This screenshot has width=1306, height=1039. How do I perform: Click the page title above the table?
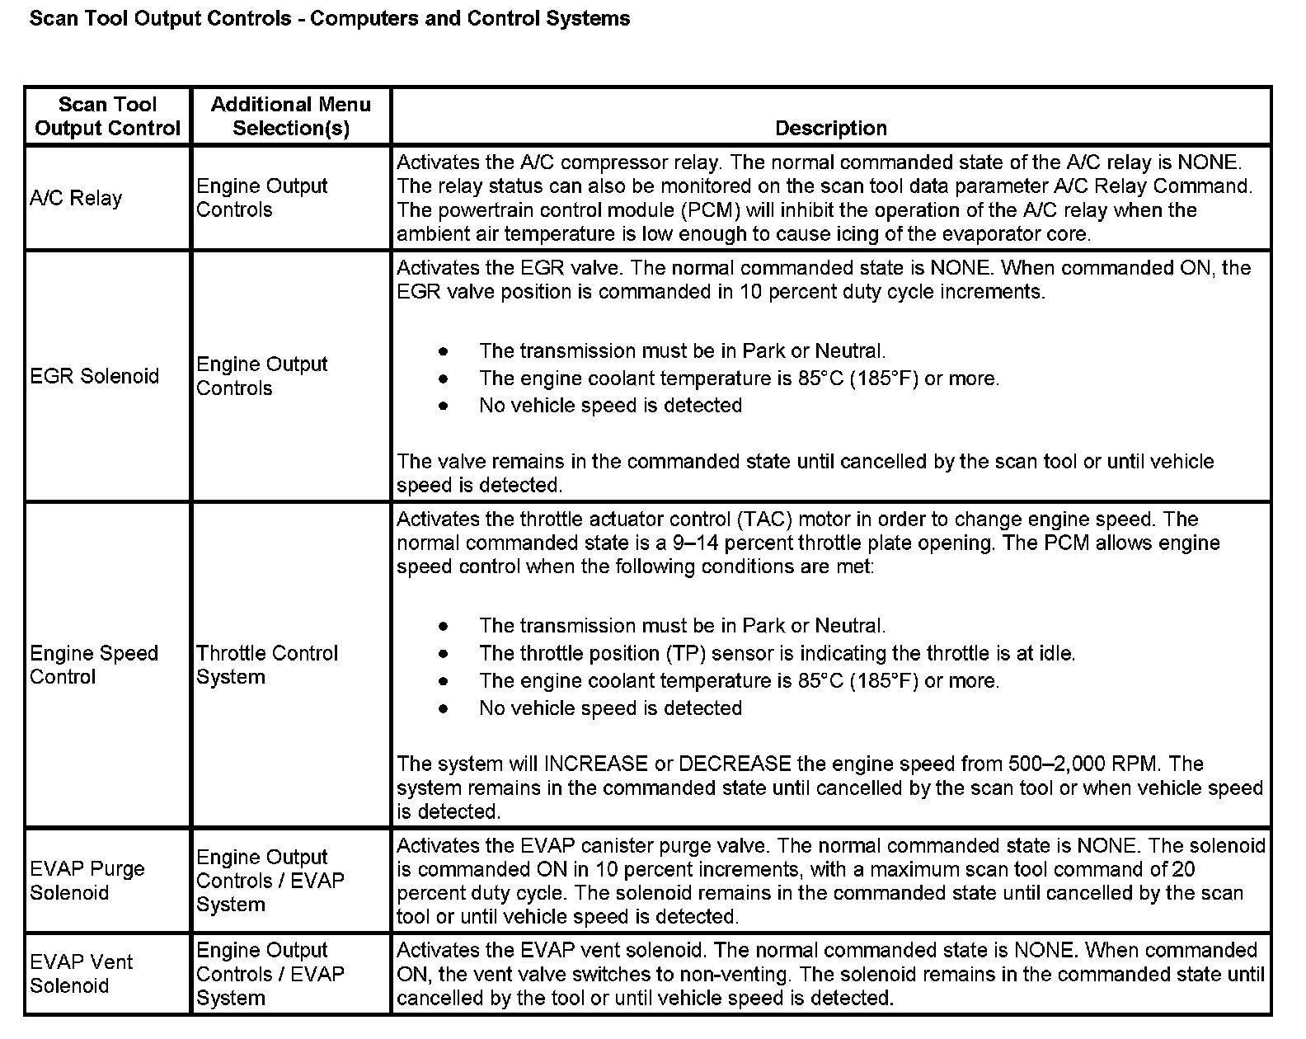tap(330, 18)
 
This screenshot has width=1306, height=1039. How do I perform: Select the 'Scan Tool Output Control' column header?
tap(107, 116)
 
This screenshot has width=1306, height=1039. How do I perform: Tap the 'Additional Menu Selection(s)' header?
tap(290, 116)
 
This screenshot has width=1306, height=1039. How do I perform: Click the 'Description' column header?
tap(831, 128)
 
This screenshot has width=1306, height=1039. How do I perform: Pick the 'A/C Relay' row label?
tap(76, 198)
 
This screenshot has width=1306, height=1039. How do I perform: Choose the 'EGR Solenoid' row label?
tap(94, 376)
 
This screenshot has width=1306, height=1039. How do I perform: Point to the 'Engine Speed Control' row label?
tap(93, 665)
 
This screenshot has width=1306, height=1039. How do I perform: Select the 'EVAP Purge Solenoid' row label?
tap(87, 880)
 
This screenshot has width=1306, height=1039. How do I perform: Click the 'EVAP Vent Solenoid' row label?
tap(81, 973)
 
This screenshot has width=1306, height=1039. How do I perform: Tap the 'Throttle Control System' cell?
tap(267, 665)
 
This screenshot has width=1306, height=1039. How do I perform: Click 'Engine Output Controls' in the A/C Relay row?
tap(261, 198)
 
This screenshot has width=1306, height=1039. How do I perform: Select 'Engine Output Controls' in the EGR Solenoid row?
tap(261, 376)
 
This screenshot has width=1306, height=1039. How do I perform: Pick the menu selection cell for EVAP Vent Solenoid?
tap(270, 974)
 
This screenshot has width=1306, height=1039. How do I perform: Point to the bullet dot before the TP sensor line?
tap(444, 654)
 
